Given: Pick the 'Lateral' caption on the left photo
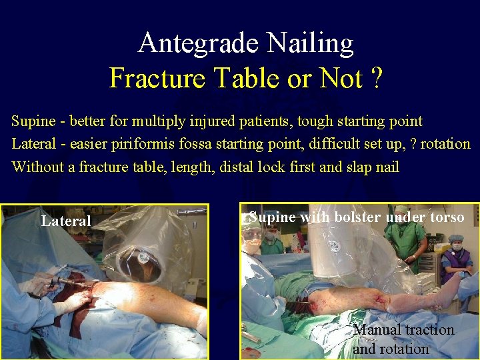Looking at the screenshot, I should coord(66,221).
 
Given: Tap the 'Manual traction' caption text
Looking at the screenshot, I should coord(403,330).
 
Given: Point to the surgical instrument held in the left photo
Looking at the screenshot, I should coord(67,283).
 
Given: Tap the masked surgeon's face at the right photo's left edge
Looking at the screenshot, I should coord(252,243).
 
